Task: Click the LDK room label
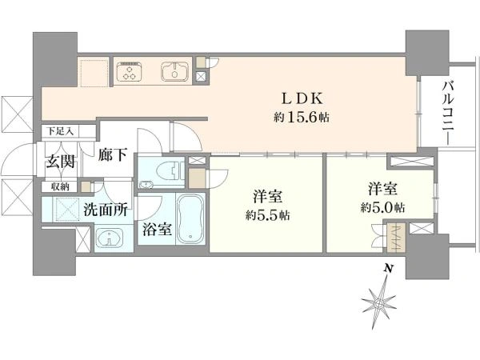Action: [x=302, y=98]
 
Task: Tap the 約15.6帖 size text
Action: [x=302, y=117]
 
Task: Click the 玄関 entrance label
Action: [x=60, y=162]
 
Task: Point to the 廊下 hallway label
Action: [x=113, y=155]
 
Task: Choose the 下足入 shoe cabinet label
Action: [x=60, y=132]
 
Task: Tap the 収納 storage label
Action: [x=60, y=186]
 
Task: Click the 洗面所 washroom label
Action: [x=106, y=210]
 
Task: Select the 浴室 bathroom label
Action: [x=157, y=230]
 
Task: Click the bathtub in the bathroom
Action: [x=190, y=218]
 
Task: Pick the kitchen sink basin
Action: [x=174, y=72]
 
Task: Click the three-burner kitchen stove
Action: [x=130, y=72]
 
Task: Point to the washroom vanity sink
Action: [x=110, y=238]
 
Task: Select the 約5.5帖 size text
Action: [x=267, y=215]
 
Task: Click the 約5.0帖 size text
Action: [x=382, y=208]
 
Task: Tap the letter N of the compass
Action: [x=388, y=269]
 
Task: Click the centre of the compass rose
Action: [x=378, y=304]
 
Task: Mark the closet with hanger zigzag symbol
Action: [x=396, y=238]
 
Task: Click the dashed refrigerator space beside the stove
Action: [x=94, y=74]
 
